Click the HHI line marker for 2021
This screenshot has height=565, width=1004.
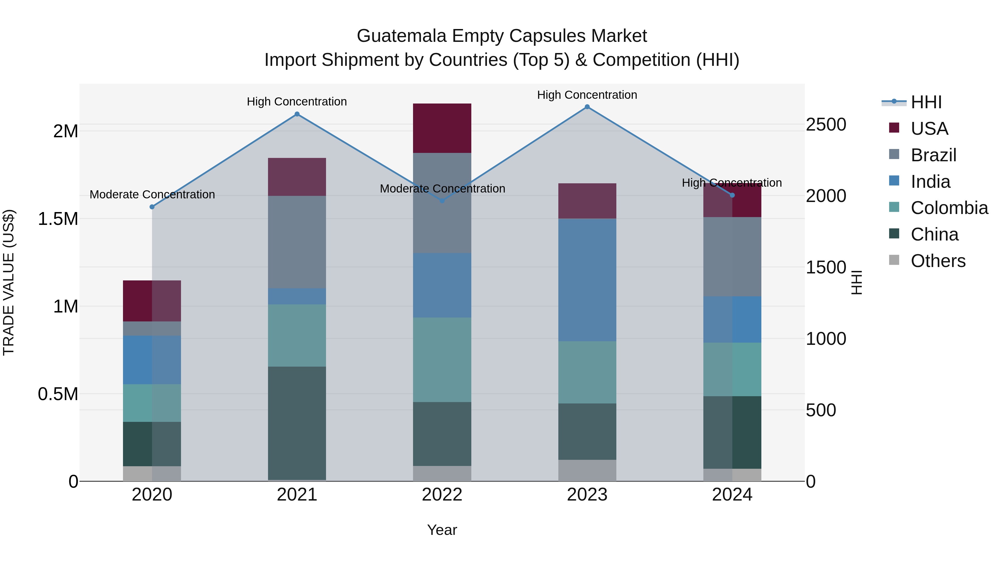(x=297, y=114)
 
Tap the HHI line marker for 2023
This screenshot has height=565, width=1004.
(x=587, y=107)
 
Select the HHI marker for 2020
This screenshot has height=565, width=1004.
(x=152, y=207)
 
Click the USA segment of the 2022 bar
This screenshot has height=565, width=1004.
(x=442, y=128)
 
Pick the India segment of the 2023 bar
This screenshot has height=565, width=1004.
(x=587, y=280)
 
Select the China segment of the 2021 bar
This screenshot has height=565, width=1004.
(x=297, y=423)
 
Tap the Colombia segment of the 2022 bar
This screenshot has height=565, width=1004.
(x=442, y=360)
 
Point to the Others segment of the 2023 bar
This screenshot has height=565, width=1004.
(x=587, y=470)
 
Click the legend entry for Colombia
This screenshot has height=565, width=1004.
(x=949, y=208)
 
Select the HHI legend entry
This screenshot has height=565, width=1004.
(x=926, y=102)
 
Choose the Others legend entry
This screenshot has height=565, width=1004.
(x=937, y=261)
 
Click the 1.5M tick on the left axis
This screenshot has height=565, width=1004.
(x=58, y=219)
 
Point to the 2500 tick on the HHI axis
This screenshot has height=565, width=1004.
(x=826, y=125)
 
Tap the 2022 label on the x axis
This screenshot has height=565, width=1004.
(x=442, y=494)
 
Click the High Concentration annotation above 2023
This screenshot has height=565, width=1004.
(x=587, y=95)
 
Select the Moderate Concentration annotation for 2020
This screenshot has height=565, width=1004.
(x=152, y=194)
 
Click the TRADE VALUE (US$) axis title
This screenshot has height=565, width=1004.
(x=9, y=282)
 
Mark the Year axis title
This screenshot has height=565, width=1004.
(x=442, y=530)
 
